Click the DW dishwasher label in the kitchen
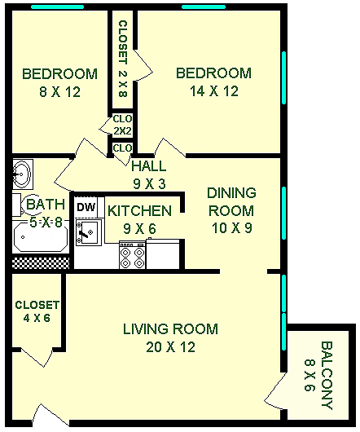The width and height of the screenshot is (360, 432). pyautogui.click(x=86, y=207)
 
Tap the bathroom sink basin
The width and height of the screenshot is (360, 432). pyautogui.click(x=23, y=174)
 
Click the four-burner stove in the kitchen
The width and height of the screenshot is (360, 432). pyautogui.click(x=132, y=255)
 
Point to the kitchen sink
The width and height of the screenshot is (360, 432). pyautogui.click(x=88, y=232)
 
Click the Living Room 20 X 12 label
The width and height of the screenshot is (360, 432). pyautogui.click(x=171, y=337)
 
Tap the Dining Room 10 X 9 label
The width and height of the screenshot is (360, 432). pyautogui.click(x=231, y=210)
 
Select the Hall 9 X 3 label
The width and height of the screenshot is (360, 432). pyautogui.click(x=149, y=174)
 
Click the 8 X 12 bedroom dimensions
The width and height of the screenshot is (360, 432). pyautogui.click(x=59, y=92)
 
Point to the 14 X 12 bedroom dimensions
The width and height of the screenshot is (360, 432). pyautogui.click(x=214, y=91)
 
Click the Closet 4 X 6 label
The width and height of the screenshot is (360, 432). pyautogui.click(x=37, y=311)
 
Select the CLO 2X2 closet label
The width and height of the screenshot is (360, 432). pyautogui.click(x=122, y=125)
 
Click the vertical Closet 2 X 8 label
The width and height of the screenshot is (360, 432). pyautogui.click(x=123, y=59)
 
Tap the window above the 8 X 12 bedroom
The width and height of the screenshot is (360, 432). pyautogui.click(x=57, y=7)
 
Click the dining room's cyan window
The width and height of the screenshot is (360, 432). pyautogui.click(x=284, y=213)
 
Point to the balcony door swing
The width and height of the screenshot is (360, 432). pyautogui.click(x=275, y=389)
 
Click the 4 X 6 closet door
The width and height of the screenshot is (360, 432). pyautogui.click(x=37, y=357)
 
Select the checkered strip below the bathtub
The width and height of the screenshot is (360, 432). pyautogui.click(x=41, y=263)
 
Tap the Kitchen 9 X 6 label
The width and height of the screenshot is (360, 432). pyautogui.click(x=139, y=219)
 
